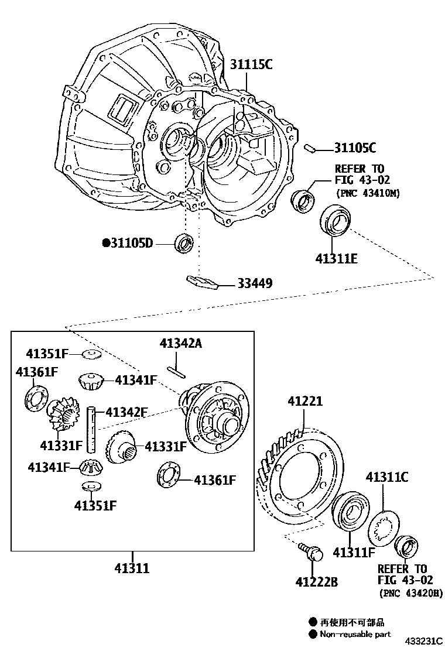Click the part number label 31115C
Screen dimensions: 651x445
click(x=251, y=64)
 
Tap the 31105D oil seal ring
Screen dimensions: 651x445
click(x=184, y=242)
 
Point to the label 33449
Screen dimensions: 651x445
click(x=255, y=283)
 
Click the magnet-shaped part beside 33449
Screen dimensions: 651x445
click(x=202, y=282)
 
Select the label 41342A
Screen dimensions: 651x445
click(x=180, y=344)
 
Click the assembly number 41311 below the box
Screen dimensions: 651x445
click(x=132, y=568)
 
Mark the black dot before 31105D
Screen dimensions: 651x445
click(x=106, y=242)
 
